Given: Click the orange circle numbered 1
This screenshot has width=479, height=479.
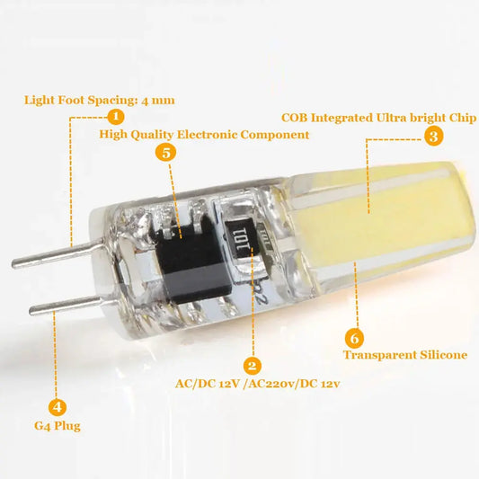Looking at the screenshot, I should [115, 116].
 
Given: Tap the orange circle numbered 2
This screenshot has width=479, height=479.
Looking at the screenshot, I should [253, 366].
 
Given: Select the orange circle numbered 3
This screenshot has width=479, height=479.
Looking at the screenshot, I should [433, 137].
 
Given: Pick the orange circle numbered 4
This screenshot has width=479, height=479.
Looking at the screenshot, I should [58, 405].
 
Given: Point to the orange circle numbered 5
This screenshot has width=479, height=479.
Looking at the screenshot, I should [165, 152].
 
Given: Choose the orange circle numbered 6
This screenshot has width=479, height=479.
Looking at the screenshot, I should [355, 338].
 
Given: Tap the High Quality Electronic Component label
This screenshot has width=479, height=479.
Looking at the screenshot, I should [204, 134].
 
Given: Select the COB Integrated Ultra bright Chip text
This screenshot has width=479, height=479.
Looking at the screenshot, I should [379, 117].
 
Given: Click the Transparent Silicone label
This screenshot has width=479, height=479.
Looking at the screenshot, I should [406, 355].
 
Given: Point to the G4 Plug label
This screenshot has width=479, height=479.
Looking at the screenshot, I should [58, 425].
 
